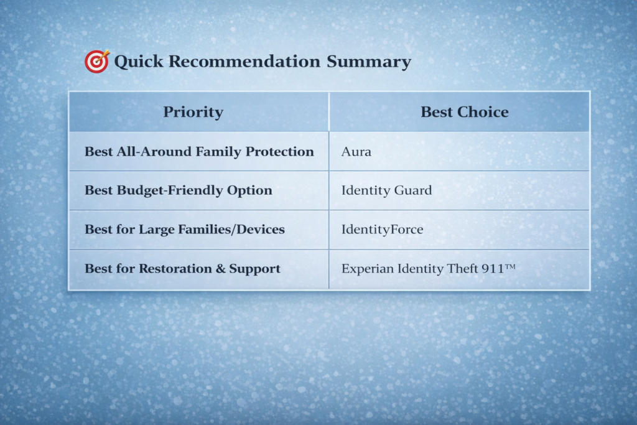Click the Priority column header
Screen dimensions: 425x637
[x=193, y=112]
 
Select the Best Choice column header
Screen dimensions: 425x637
[x=464, y=112]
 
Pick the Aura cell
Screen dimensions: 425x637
[x=356, y=151]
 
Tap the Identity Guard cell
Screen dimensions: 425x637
[x=386, y=190]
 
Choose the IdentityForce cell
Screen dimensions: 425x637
[x=382, y=230]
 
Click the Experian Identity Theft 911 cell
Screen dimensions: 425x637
[x=428, y=269]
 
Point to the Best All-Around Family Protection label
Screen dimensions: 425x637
[x=199, y=151]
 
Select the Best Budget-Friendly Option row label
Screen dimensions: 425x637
[x=178, y=190]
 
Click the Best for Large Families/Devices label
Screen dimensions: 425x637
[x=184, y=230]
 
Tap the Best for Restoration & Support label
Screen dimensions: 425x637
[x=182, y=269]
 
